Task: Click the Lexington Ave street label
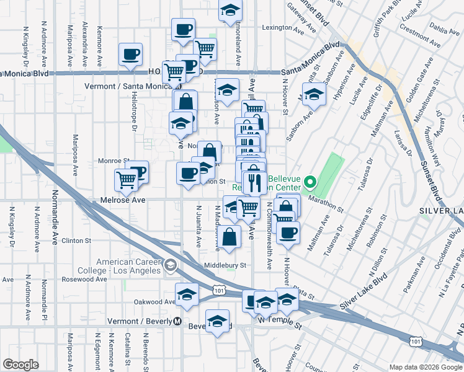(277, 28)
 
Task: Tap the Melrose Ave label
(122, 200)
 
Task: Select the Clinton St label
(76, 240)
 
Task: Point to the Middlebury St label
(226, 265)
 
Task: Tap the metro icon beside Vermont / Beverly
(177, 322)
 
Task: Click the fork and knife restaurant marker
(254, 182)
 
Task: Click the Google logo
(20, 365)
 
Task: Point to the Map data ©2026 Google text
(426, 366)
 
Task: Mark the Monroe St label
(113, 161)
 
